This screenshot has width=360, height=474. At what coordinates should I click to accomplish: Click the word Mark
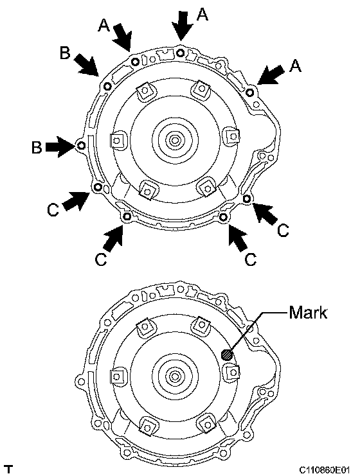308,313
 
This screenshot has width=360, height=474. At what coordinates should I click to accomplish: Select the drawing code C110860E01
324,470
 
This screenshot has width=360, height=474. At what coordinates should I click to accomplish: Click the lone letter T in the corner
10,470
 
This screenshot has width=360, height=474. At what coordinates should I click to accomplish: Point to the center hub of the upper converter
174,140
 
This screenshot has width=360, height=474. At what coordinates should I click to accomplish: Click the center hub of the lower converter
174,376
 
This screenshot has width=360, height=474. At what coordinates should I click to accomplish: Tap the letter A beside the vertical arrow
202,14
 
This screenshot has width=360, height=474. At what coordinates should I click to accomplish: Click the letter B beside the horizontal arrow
37,148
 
